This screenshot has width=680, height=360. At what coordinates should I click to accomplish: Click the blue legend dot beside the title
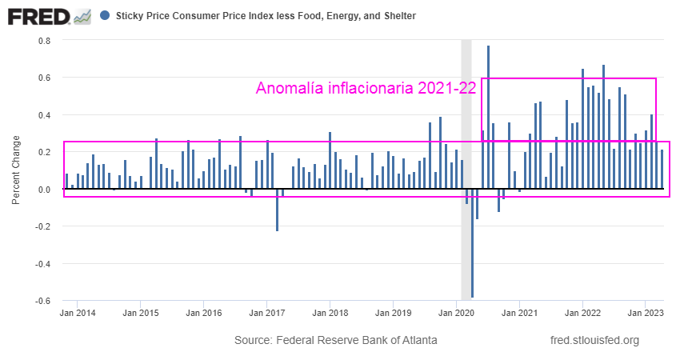106,15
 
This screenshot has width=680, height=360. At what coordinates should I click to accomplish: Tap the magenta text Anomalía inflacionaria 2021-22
366,89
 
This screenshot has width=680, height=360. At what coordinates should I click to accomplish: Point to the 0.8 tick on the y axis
45,41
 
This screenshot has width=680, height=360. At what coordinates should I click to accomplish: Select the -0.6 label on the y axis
43,301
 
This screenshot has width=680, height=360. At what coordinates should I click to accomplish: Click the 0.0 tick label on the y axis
45,190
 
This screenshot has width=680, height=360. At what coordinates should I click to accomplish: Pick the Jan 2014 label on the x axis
77,314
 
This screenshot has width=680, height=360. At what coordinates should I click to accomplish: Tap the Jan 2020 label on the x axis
457,314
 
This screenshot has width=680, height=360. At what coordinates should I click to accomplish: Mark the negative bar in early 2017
278,210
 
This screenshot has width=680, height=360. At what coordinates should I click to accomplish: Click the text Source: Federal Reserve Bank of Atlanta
335,340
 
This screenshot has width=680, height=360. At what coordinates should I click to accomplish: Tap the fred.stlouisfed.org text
595,340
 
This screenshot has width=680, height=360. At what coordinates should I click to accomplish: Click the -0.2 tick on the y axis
43,226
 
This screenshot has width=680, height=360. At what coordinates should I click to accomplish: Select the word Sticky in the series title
131,16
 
